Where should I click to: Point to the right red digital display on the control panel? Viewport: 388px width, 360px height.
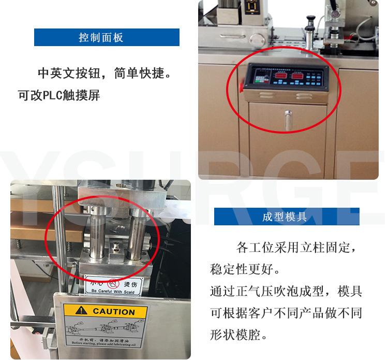pyautogui.click(x=297, y=77)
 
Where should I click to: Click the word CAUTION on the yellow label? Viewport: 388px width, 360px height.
pyautogui.click(x=113, y=312)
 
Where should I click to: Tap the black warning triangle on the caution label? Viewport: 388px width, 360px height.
pyautogui.click(x=81, y=311)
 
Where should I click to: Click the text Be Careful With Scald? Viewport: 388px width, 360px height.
pyautogui.click(x=114, y=291)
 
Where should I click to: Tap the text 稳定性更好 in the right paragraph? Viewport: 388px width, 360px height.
pyautogui.click(x=243, y=270)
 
